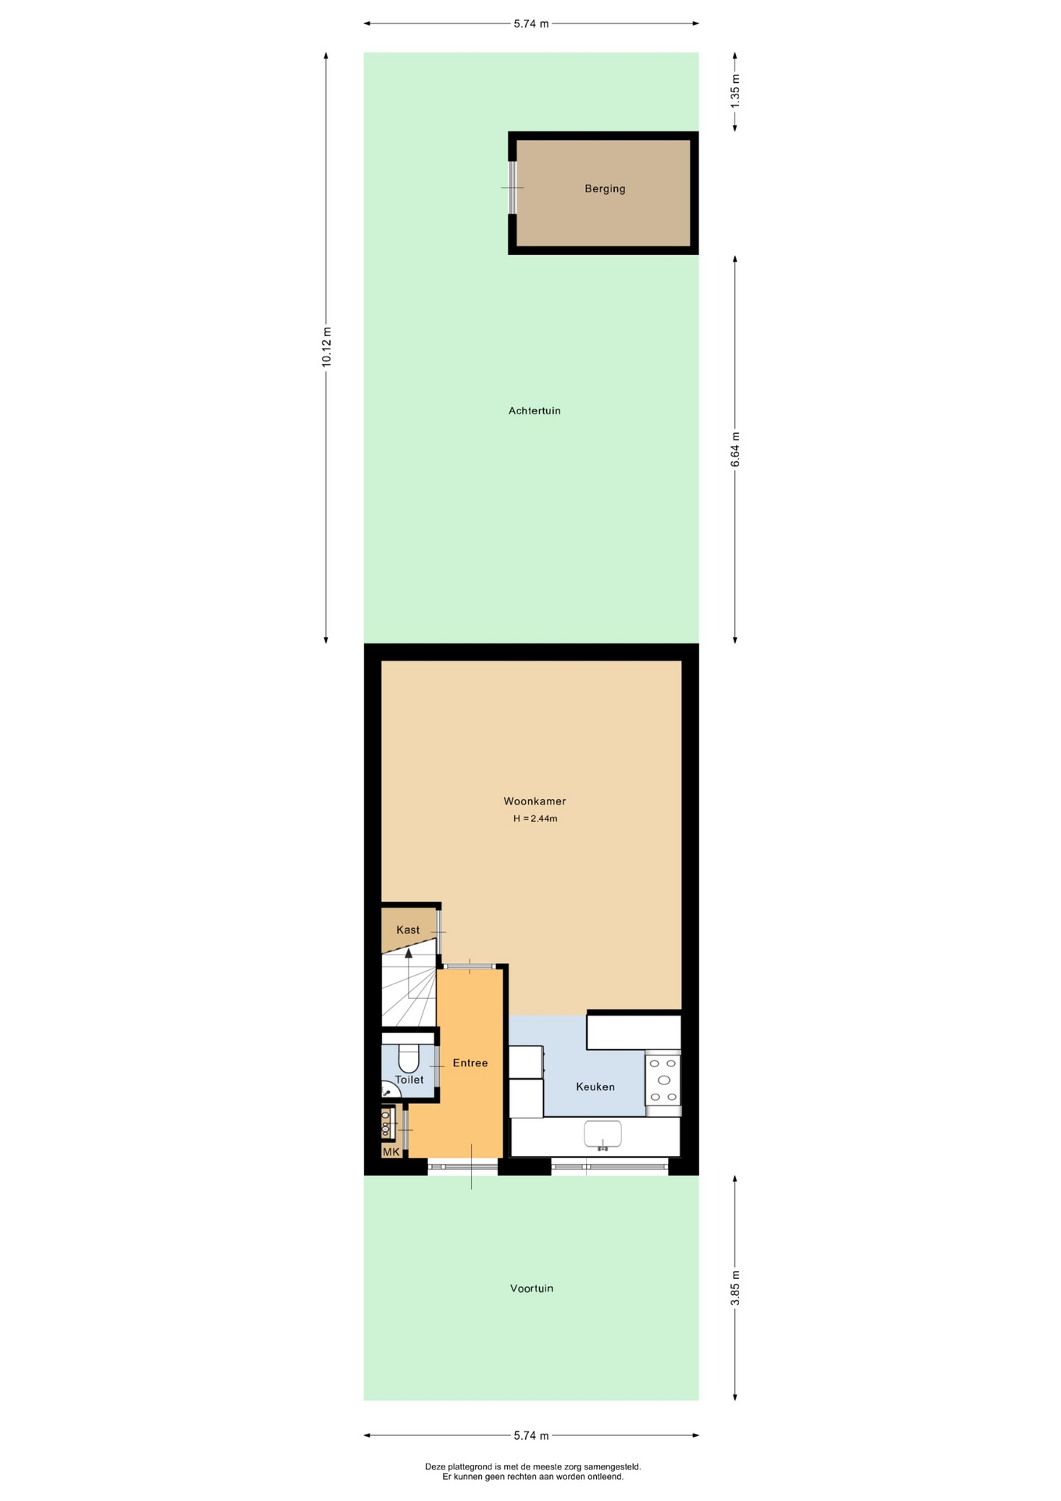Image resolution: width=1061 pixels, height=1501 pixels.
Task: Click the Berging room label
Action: click(x=605, y=188)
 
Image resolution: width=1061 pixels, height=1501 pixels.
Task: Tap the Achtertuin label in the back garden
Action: click(x=534, y=410)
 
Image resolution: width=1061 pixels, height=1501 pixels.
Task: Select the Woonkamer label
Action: click(x=534, y=801)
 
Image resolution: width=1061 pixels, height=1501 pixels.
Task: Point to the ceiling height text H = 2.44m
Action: click(x=535, y=819)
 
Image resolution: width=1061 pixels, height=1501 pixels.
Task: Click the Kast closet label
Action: click(x=408, y=930)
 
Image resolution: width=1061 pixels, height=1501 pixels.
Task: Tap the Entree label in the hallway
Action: click(x=470, y=1063)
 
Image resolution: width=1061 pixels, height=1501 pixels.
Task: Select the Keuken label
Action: click(x=595, y=1087)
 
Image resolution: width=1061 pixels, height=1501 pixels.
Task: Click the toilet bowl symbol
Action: click(x=409, y=1059)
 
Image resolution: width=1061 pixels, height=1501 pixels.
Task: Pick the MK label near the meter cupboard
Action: click(x=391, y=1152)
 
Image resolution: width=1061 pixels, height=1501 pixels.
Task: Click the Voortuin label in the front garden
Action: click(x=531, y=1288)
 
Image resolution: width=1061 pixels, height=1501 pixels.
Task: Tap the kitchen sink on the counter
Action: click(x=602, y=1135)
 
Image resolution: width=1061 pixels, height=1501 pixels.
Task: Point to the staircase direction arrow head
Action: click(x=408, y=953)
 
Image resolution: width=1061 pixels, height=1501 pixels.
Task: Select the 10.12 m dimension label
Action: click(x=327, y=347)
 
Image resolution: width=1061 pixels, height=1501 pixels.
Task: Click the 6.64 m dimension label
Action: click(x=735, y=450)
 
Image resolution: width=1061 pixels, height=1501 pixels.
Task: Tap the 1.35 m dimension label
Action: click(x=735, y=91)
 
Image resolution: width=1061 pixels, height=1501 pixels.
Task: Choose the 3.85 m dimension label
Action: click(x=735, y=1288)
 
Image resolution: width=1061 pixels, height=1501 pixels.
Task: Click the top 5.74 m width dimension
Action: click(x=531, y=23)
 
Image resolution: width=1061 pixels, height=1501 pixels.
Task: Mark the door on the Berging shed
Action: click(x=513, y=188)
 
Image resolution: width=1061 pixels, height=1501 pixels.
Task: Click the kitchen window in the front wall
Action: click(x=610, y=1168)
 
